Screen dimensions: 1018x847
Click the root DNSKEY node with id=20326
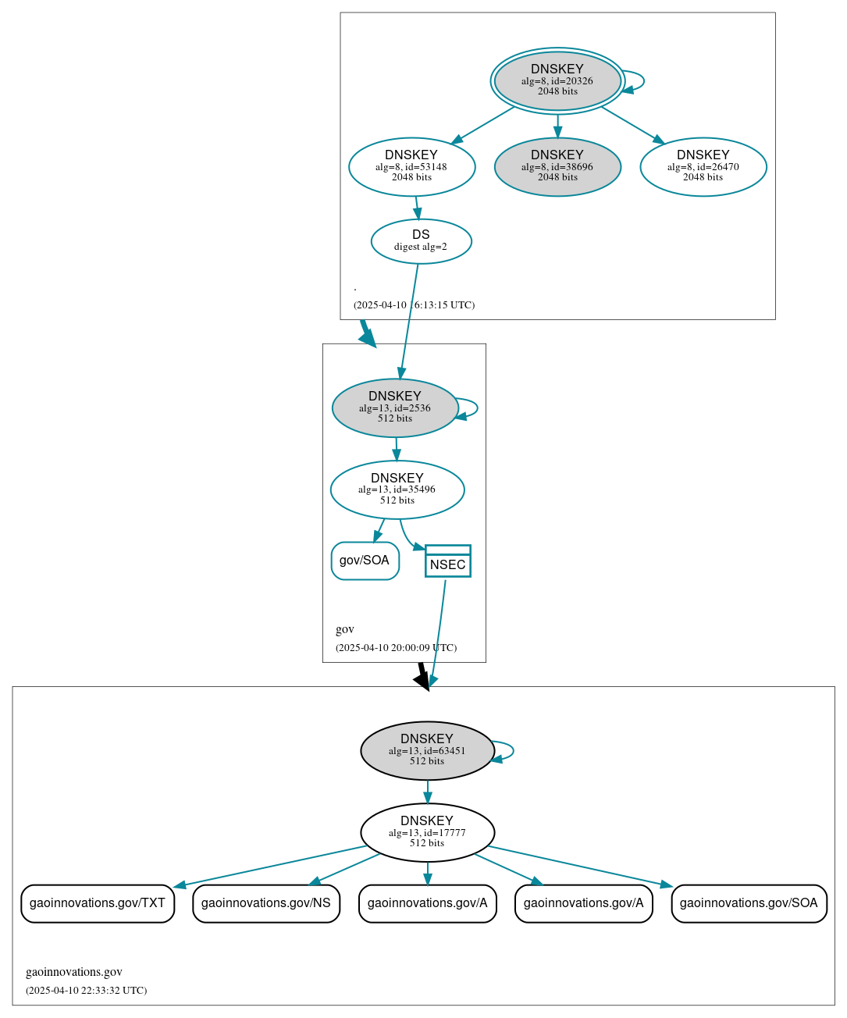click(557, 80)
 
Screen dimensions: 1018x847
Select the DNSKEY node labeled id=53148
click(411, 166)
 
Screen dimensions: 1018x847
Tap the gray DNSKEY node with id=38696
click(557, 166)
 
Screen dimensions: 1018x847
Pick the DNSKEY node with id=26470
click(703, 166)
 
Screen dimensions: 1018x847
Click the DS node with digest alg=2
click(421, 241)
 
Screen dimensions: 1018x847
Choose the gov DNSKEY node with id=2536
click(395, 408)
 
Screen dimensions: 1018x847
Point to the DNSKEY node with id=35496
click(397, 489)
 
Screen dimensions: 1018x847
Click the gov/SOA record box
click(365, 561)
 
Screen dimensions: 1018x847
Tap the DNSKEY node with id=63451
click(427, 750)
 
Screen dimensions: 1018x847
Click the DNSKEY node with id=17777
click(427, 832)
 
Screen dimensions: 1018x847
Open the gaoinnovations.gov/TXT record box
click(98, 903)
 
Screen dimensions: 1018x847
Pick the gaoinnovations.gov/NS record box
click(266, 903)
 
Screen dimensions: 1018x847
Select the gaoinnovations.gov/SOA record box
click(749, 903)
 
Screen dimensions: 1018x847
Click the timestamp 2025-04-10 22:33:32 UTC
click(87, 991)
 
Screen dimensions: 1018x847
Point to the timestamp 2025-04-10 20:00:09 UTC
click(396, 648)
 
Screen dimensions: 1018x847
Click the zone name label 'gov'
click(345, 629)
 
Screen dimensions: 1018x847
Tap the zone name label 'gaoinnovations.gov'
click(74, 972)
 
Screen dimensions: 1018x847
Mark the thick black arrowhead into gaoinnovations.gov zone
click(422, 681)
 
